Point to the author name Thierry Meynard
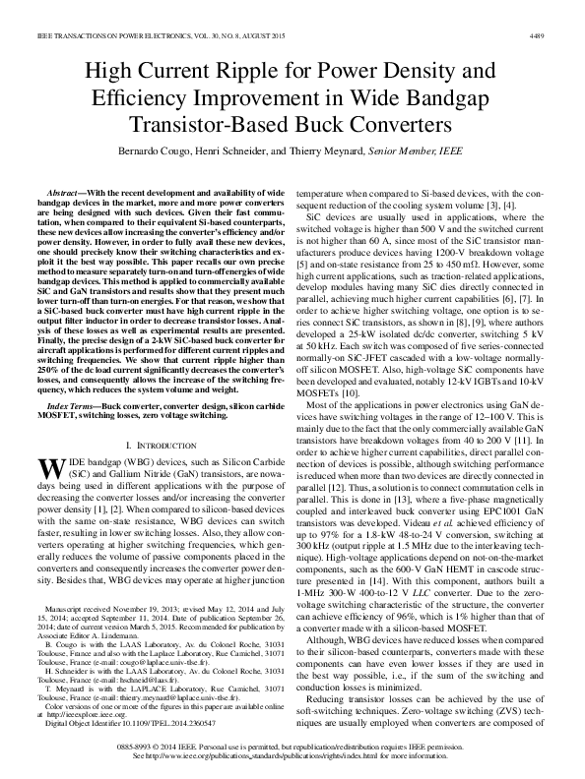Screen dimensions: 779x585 pos(328,152)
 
